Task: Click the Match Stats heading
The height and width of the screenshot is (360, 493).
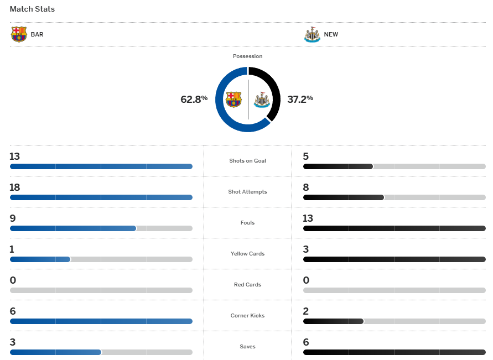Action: [x=32, y=9]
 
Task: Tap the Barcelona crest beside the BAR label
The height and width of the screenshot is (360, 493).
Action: [x=19, y=34]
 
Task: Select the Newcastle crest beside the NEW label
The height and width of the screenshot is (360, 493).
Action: [x=312, y=34]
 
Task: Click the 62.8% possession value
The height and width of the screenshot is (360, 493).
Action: [x=194, y=99]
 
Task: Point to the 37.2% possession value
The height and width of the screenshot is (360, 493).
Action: [x=300, y=99]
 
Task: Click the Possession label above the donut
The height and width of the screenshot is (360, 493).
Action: [x=247, y=56]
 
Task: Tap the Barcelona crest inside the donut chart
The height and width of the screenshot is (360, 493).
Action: [x=233, y=100]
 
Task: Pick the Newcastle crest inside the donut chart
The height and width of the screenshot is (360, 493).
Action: [x=261, y=100]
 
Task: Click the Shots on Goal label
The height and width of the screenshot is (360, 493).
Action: [x=247, y=161]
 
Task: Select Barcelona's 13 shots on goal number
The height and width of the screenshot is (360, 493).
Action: [x=14, y=156]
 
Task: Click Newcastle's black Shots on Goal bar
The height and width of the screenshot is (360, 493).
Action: [x=338, y=166]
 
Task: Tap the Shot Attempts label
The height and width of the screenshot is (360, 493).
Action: [x=247, y=192]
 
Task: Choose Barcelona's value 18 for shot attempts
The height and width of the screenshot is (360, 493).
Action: [x=14, y=187]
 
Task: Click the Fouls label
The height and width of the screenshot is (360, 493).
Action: [x=247, y=223]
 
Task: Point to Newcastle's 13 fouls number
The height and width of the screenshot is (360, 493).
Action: [x=308, y=218]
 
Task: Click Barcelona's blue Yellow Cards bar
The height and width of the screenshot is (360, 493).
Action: [x=40, y=259]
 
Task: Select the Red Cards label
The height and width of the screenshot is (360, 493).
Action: [x=247, y=285]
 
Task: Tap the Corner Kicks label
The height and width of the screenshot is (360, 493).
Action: [x=247, y=316]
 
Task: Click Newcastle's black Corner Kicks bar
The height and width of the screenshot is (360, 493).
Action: [x=333, y=321]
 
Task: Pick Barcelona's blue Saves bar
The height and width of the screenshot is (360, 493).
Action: [x=55, y=352]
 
